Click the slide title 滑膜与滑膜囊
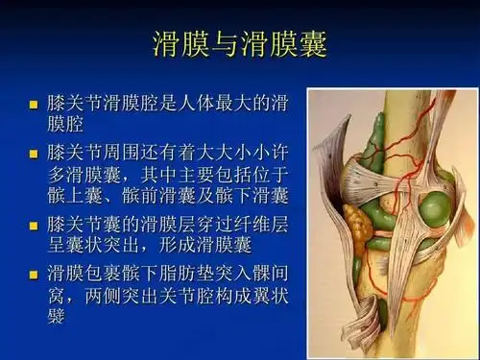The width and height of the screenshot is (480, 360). [240, 44]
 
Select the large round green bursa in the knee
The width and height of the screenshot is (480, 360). [434, 206]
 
